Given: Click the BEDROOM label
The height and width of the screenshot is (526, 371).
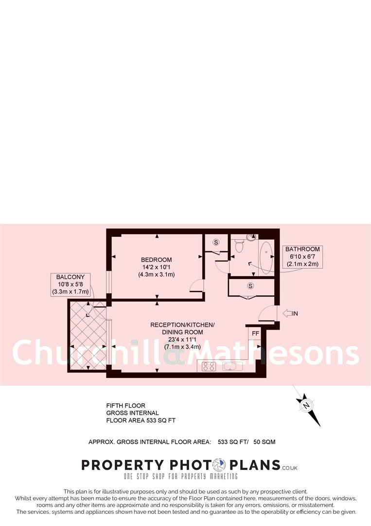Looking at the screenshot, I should [157, 260].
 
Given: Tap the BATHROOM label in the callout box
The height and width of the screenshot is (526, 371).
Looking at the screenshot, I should [302, 249].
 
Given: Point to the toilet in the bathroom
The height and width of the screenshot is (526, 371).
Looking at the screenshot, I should [238, 247].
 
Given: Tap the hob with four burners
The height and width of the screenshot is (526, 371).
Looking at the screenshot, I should [209, 367].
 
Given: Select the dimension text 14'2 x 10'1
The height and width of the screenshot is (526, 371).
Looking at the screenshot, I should [157, 267].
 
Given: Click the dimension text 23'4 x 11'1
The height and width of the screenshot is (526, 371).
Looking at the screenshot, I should [183, 339].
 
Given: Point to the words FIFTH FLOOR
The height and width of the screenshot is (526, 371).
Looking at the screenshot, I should [126, 405].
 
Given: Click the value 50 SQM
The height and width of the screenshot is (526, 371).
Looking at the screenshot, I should [265, 442].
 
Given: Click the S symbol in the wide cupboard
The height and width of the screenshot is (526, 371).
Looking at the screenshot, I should [251, 285].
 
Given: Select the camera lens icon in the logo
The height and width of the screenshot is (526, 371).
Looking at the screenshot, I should [221, 465].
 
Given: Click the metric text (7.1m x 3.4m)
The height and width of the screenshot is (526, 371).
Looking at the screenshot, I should [183, 347].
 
